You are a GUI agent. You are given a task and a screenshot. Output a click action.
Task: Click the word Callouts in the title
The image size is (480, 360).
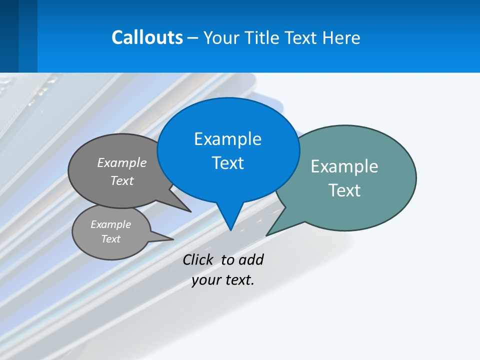click(x=147, y=37)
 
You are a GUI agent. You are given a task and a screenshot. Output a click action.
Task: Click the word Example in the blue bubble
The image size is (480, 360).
click(x=227, y=139)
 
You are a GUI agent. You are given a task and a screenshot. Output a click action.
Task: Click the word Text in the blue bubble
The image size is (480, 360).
click(x=227, y=163)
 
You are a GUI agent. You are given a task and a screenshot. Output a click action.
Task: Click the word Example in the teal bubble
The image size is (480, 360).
click(x=344, y=166)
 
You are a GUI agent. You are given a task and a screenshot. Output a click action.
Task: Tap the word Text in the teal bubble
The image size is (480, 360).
click(x=344, y=190)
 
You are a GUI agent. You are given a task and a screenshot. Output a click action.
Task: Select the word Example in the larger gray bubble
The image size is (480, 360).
click(x=122, y=162)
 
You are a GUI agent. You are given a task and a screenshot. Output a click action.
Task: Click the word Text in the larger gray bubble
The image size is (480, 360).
click(x=122, y=180)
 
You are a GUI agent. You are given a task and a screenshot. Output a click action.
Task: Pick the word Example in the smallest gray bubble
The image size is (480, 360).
click(x=110, y=224)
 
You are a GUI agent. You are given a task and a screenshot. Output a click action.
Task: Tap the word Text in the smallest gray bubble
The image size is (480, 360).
click(x=110, y=239)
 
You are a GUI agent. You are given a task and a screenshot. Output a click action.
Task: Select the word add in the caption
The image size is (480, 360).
click(x=251, y=259)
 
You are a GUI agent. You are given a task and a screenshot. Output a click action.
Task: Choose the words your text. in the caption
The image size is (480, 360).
click(x=223, y=280)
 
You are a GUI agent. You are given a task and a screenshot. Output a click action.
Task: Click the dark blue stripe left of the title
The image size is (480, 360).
click(x=9, y=36)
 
